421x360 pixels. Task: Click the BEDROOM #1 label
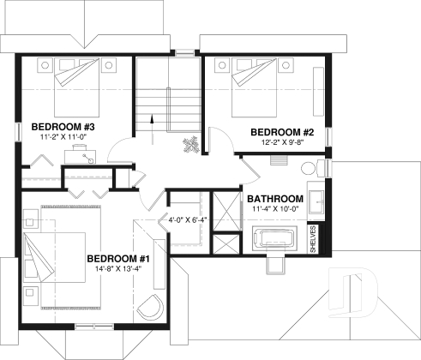pos(118,258)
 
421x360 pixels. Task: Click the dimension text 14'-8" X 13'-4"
pos(118,269)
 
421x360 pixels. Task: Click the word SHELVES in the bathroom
pos(313,240)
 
